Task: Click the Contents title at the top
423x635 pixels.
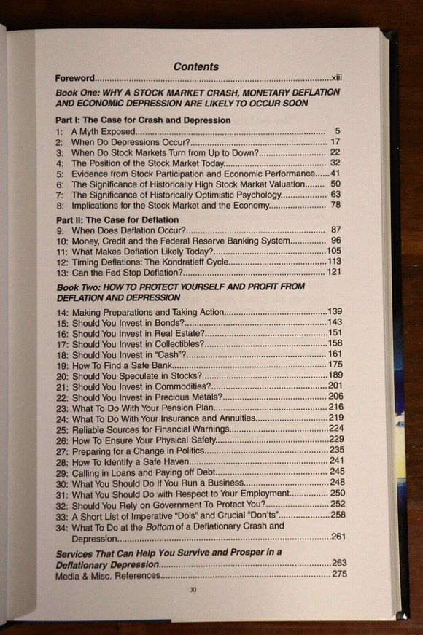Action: (195, 66)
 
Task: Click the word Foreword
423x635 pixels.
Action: (74, 78)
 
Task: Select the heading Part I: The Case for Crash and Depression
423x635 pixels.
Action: (143, 120)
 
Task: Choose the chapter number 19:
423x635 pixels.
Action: (63, 365)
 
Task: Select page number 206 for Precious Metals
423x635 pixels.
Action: (335, 397)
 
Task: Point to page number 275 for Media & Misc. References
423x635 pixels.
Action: (339, 574)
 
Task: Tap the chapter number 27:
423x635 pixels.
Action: (63, 451)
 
